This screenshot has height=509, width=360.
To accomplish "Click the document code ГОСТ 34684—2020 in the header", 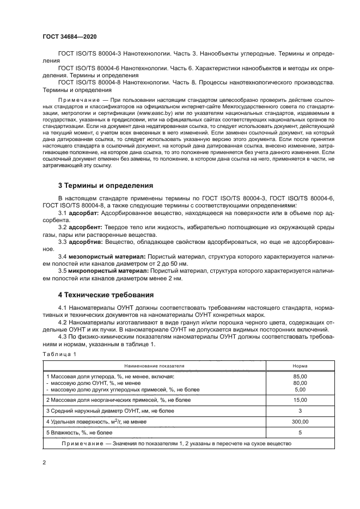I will pos(69,36).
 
